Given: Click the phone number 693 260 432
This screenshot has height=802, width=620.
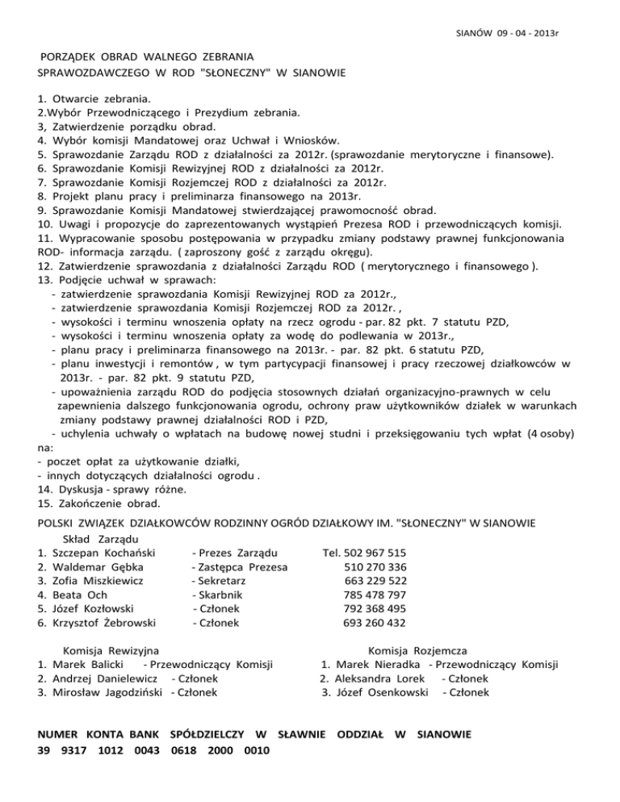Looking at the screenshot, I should click(375, 623).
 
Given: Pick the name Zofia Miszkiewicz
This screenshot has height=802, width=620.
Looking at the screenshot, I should click(97, 581).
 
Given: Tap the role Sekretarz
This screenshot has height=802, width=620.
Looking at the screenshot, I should click(218, 581).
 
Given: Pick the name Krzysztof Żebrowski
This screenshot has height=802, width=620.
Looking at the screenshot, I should click(107, 623).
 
